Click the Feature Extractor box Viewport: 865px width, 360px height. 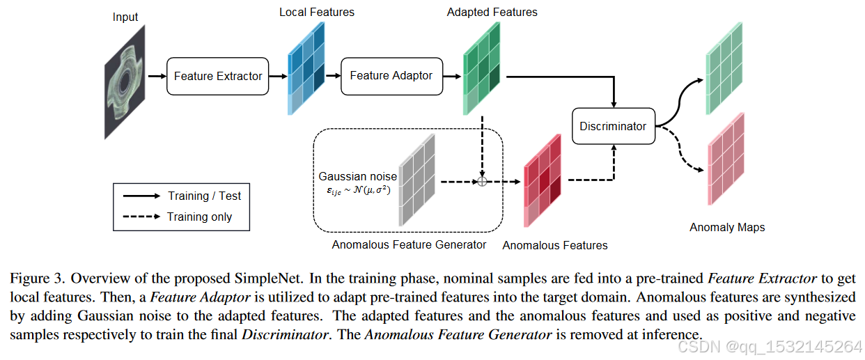pos(217,76)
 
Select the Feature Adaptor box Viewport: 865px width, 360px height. pos(391,76)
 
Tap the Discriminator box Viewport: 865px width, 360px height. pos(613,126)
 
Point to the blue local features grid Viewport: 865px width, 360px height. pos(306,68)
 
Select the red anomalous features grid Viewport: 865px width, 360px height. pos(541,180)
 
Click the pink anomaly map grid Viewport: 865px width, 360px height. pos(726,159)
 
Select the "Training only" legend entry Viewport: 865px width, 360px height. pos(199,217)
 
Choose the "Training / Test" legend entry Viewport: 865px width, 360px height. pos(204,196)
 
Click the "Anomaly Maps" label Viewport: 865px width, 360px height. pos(726,227)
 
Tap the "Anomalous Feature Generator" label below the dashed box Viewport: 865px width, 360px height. pos(409,244)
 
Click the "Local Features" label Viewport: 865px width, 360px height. pos(317,12)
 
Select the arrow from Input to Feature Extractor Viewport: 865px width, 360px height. pos(155,76)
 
